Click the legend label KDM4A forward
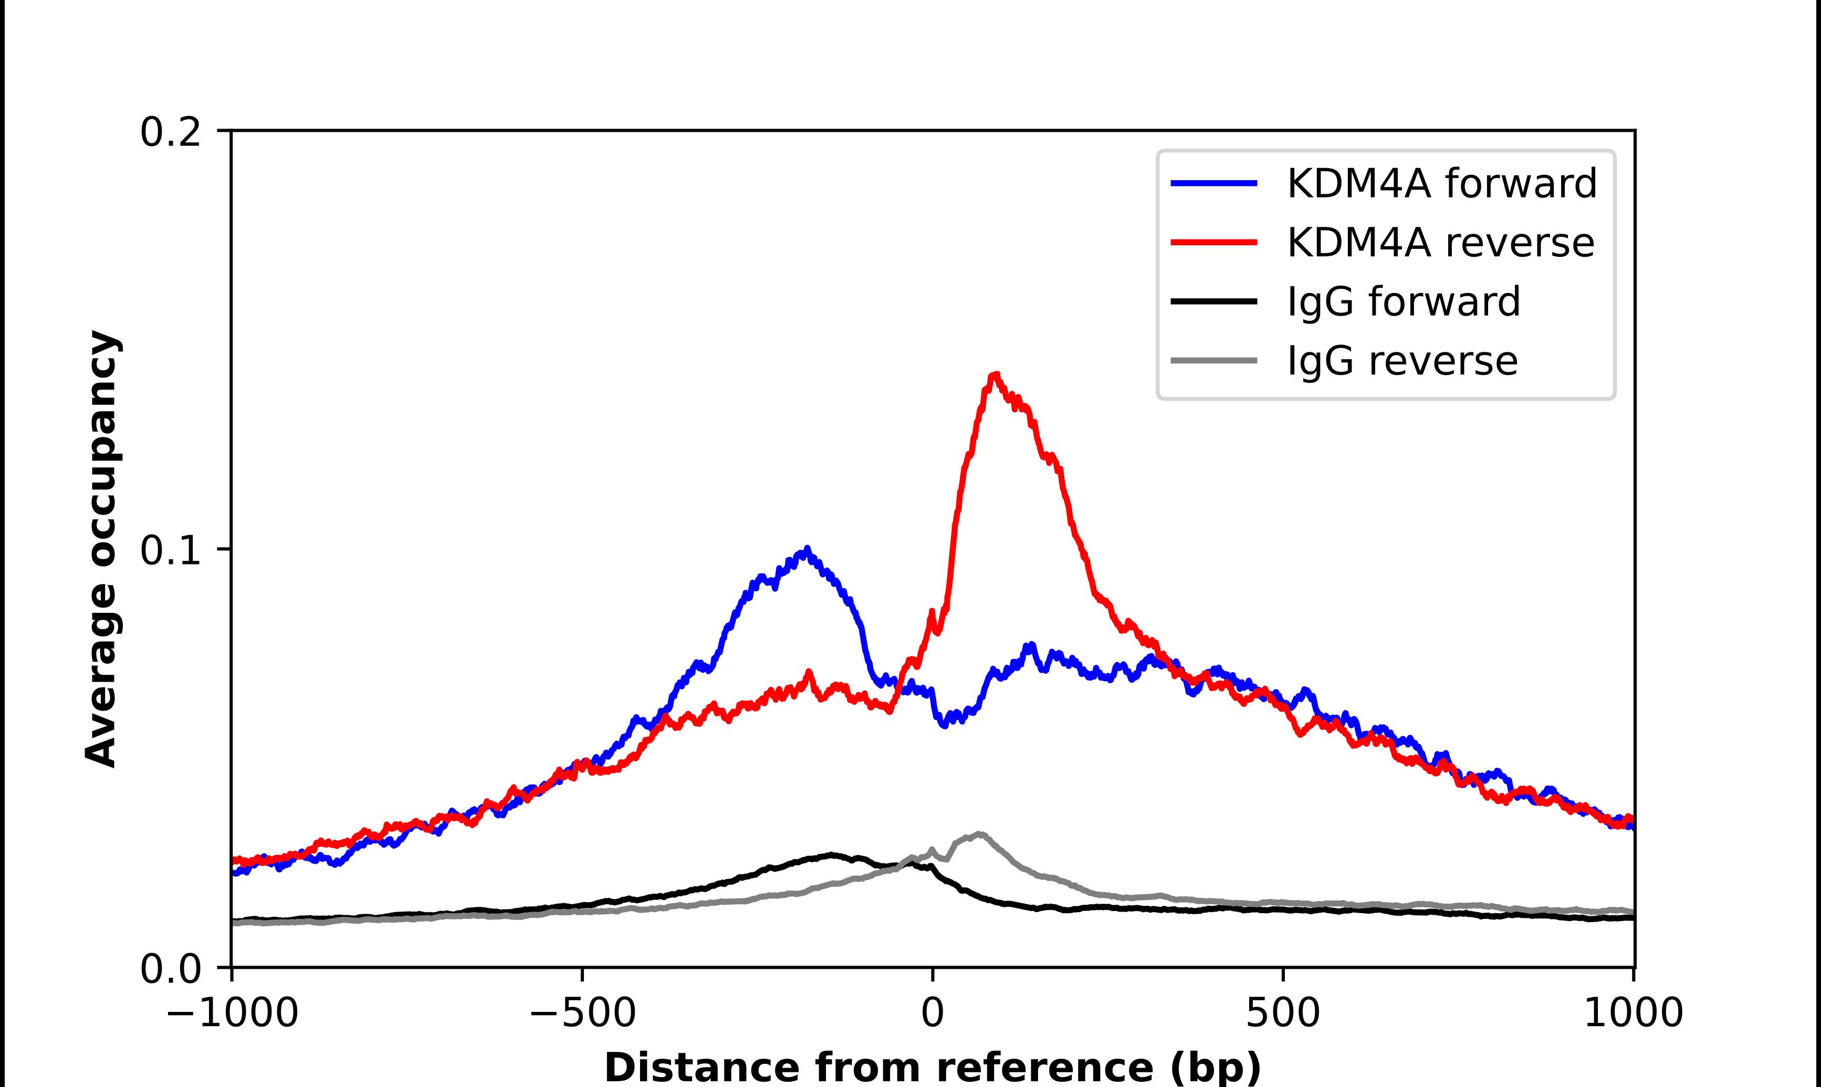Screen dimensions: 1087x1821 pyautogui.click(x=1441, y=183)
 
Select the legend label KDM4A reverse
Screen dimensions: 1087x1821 pyautogui.click(x=1439, y=243)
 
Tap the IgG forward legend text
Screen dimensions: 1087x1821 pyautogui.click(x=1403, y=302)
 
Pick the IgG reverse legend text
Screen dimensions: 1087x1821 pyautogui.click(x=1401, y=361)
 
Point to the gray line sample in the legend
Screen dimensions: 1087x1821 pyautogui.click(x=1213, y=360)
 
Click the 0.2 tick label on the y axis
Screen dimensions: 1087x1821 pyautogui.click(x=170, y=132)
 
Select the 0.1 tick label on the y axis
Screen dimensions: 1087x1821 pyautogui.click(x=170, y=550)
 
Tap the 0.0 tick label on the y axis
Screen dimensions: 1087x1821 pyautogui.click(x=170, y=968)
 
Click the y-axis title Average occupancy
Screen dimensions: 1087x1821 pyautogui.click(x=101, y=549)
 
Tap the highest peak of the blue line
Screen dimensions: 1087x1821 pyautogui.click(x=806, y=549)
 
